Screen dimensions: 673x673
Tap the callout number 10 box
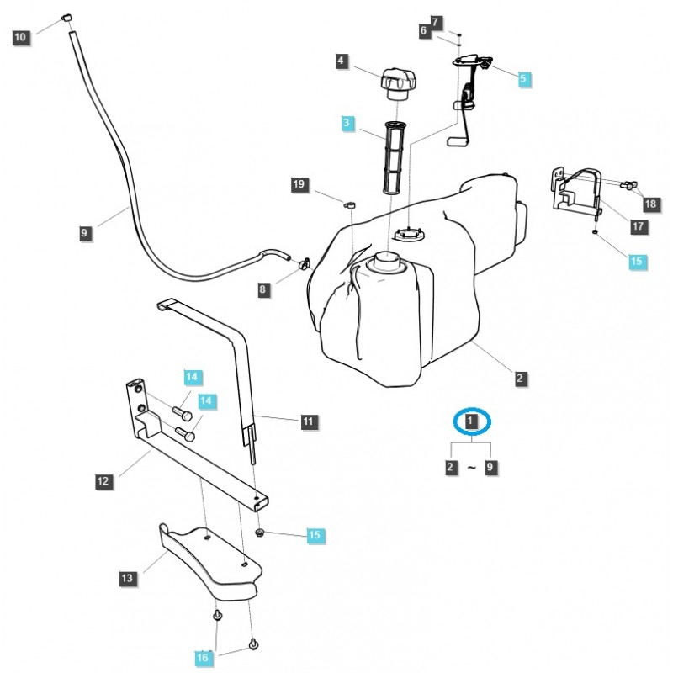pyautogui.click(x=21, y=36)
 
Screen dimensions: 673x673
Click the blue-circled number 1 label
pyautogui.click(x=472, y=420)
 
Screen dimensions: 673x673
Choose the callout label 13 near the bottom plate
pyautogui.click(x=127, y=578)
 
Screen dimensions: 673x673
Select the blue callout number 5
pyautogui.click(x=523, y=78)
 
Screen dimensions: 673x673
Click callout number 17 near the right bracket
pyautogui.click(x=637, y=226)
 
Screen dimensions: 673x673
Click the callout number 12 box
pyautogui.click(x=103, y=482)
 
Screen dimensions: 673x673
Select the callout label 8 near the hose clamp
pyautogui.click(x=263, y=289)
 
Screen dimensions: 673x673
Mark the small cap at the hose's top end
pyautogui.click(x=67, y=19)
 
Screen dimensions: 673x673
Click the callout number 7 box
pyautogui.click(x=435, y=21)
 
